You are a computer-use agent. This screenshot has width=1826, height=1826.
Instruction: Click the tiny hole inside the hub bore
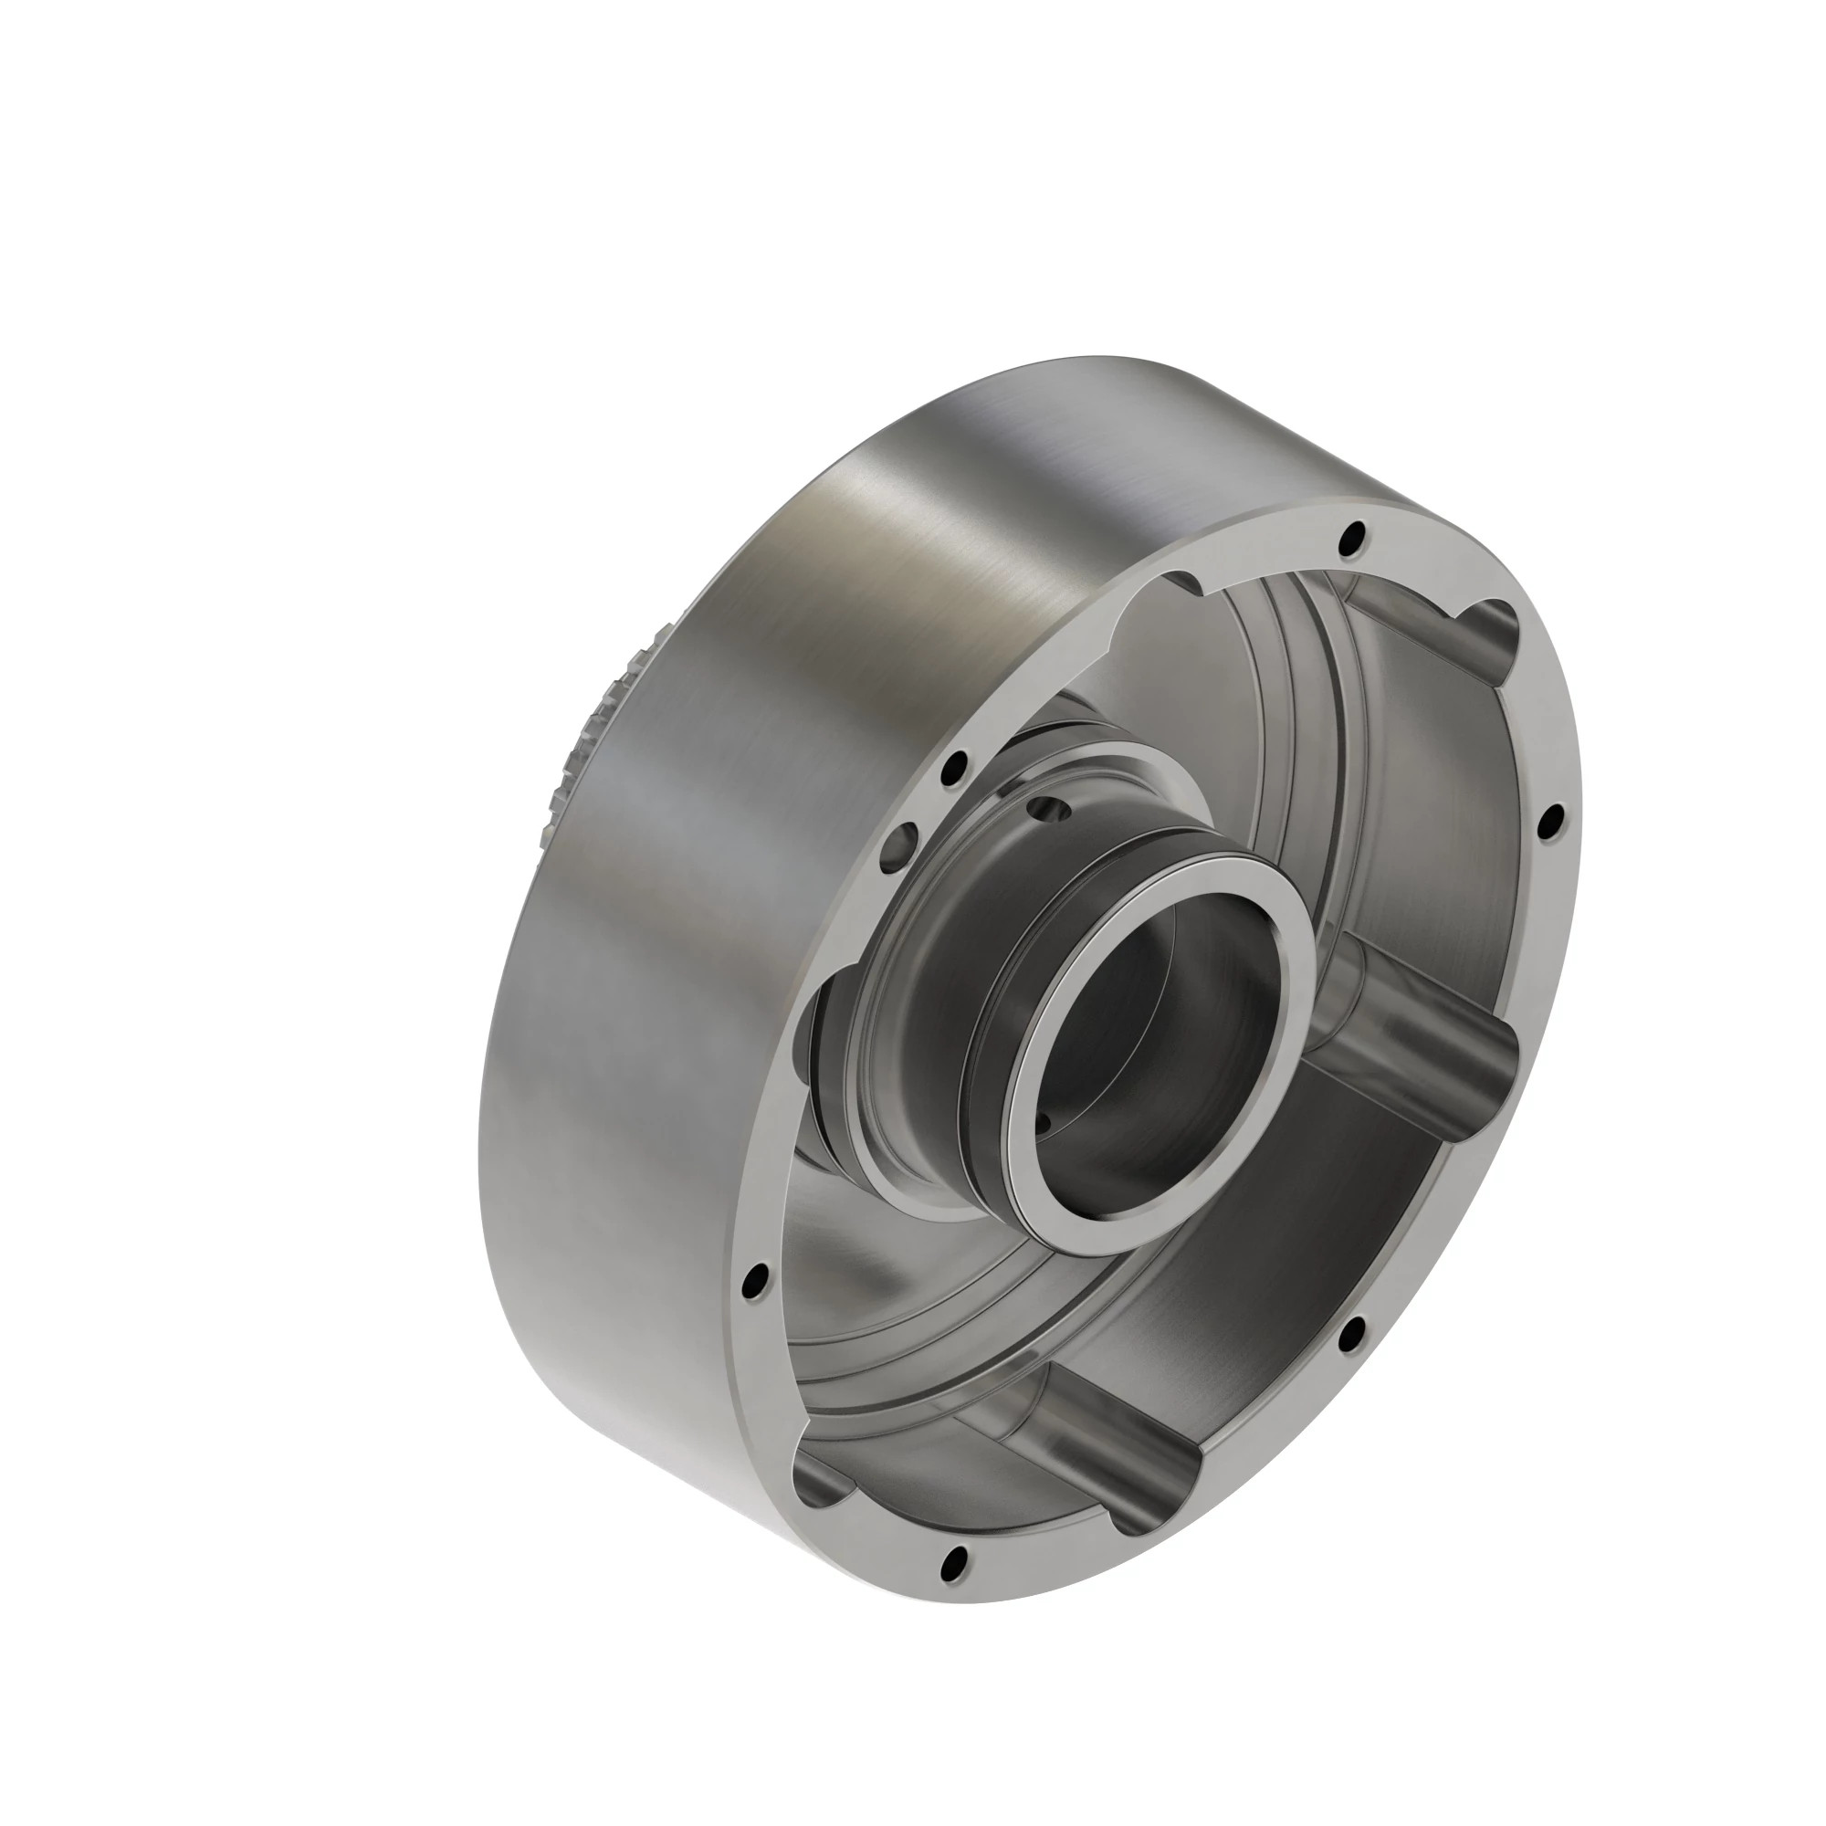(x=1044, y=1124)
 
